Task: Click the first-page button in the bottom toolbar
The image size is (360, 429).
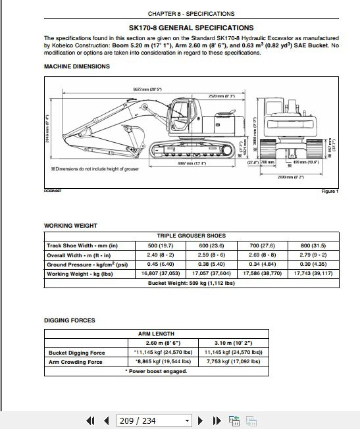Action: click(91, 420)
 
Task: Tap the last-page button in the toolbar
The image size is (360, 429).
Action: click(217, 420)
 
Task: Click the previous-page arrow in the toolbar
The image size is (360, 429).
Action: click(106, 420)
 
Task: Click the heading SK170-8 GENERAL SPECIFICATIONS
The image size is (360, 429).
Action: click(191, 28)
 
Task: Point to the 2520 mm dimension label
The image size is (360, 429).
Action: click(222, 96)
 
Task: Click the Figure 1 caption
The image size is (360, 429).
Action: click(329, 191)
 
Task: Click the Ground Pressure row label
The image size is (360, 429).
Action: click(86, 265)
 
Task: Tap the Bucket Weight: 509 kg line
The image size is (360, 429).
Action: click(191, 283)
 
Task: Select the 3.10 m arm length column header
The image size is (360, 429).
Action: click(238, 343)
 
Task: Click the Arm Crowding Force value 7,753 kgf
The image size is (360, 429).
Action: click(238, 361)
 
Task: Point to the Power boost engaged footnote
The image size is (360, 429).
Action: click(155, 371)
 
